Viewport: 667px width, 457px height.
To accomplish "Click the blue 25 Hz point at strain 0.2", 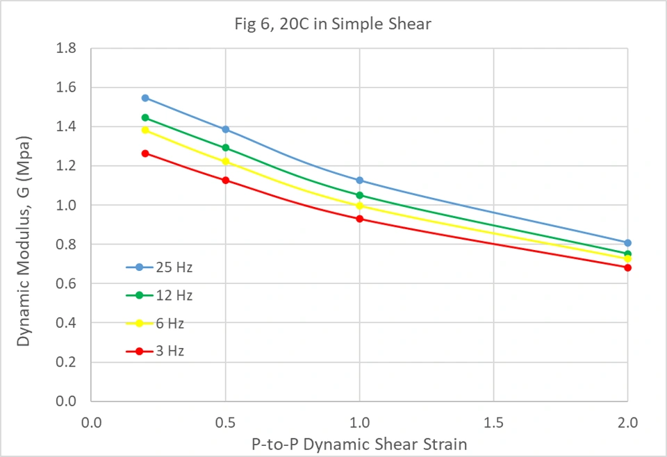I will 145,98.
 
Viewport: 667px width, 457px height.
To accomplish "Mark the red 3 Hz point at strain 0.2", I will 145,153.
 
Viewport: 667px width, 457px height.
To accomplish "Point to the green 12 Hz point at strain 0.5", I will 225,148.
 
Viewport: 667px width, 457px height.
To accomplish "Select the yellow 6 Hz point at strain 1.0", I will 359,206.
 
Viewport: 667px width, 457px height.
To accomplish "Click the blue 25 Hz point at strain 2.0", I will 627,243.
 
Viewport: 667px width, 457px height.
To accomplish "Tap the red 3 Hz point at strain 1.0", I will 359,219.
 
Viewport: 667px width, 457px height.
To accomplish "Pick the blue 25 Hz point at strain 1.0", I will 359,181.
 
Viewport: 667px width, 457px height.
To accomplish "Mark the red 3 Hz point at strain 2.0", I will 627,267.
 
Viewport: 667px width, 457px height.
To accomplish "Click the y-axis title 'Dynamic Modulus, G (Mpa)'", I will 24,224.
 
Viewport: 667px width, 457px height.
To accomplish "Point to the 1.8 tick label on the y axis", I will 69,49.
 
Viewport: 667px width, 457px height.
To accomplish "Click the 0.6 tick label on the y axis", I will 69,284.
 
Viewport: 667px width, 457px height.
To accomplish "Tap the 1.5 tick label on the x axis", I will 493,421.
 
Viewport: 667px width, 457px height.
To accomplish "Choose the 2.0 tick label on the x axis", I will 627,421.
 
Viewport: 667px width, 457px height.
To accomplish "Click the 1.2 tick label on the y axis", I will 69,167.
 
